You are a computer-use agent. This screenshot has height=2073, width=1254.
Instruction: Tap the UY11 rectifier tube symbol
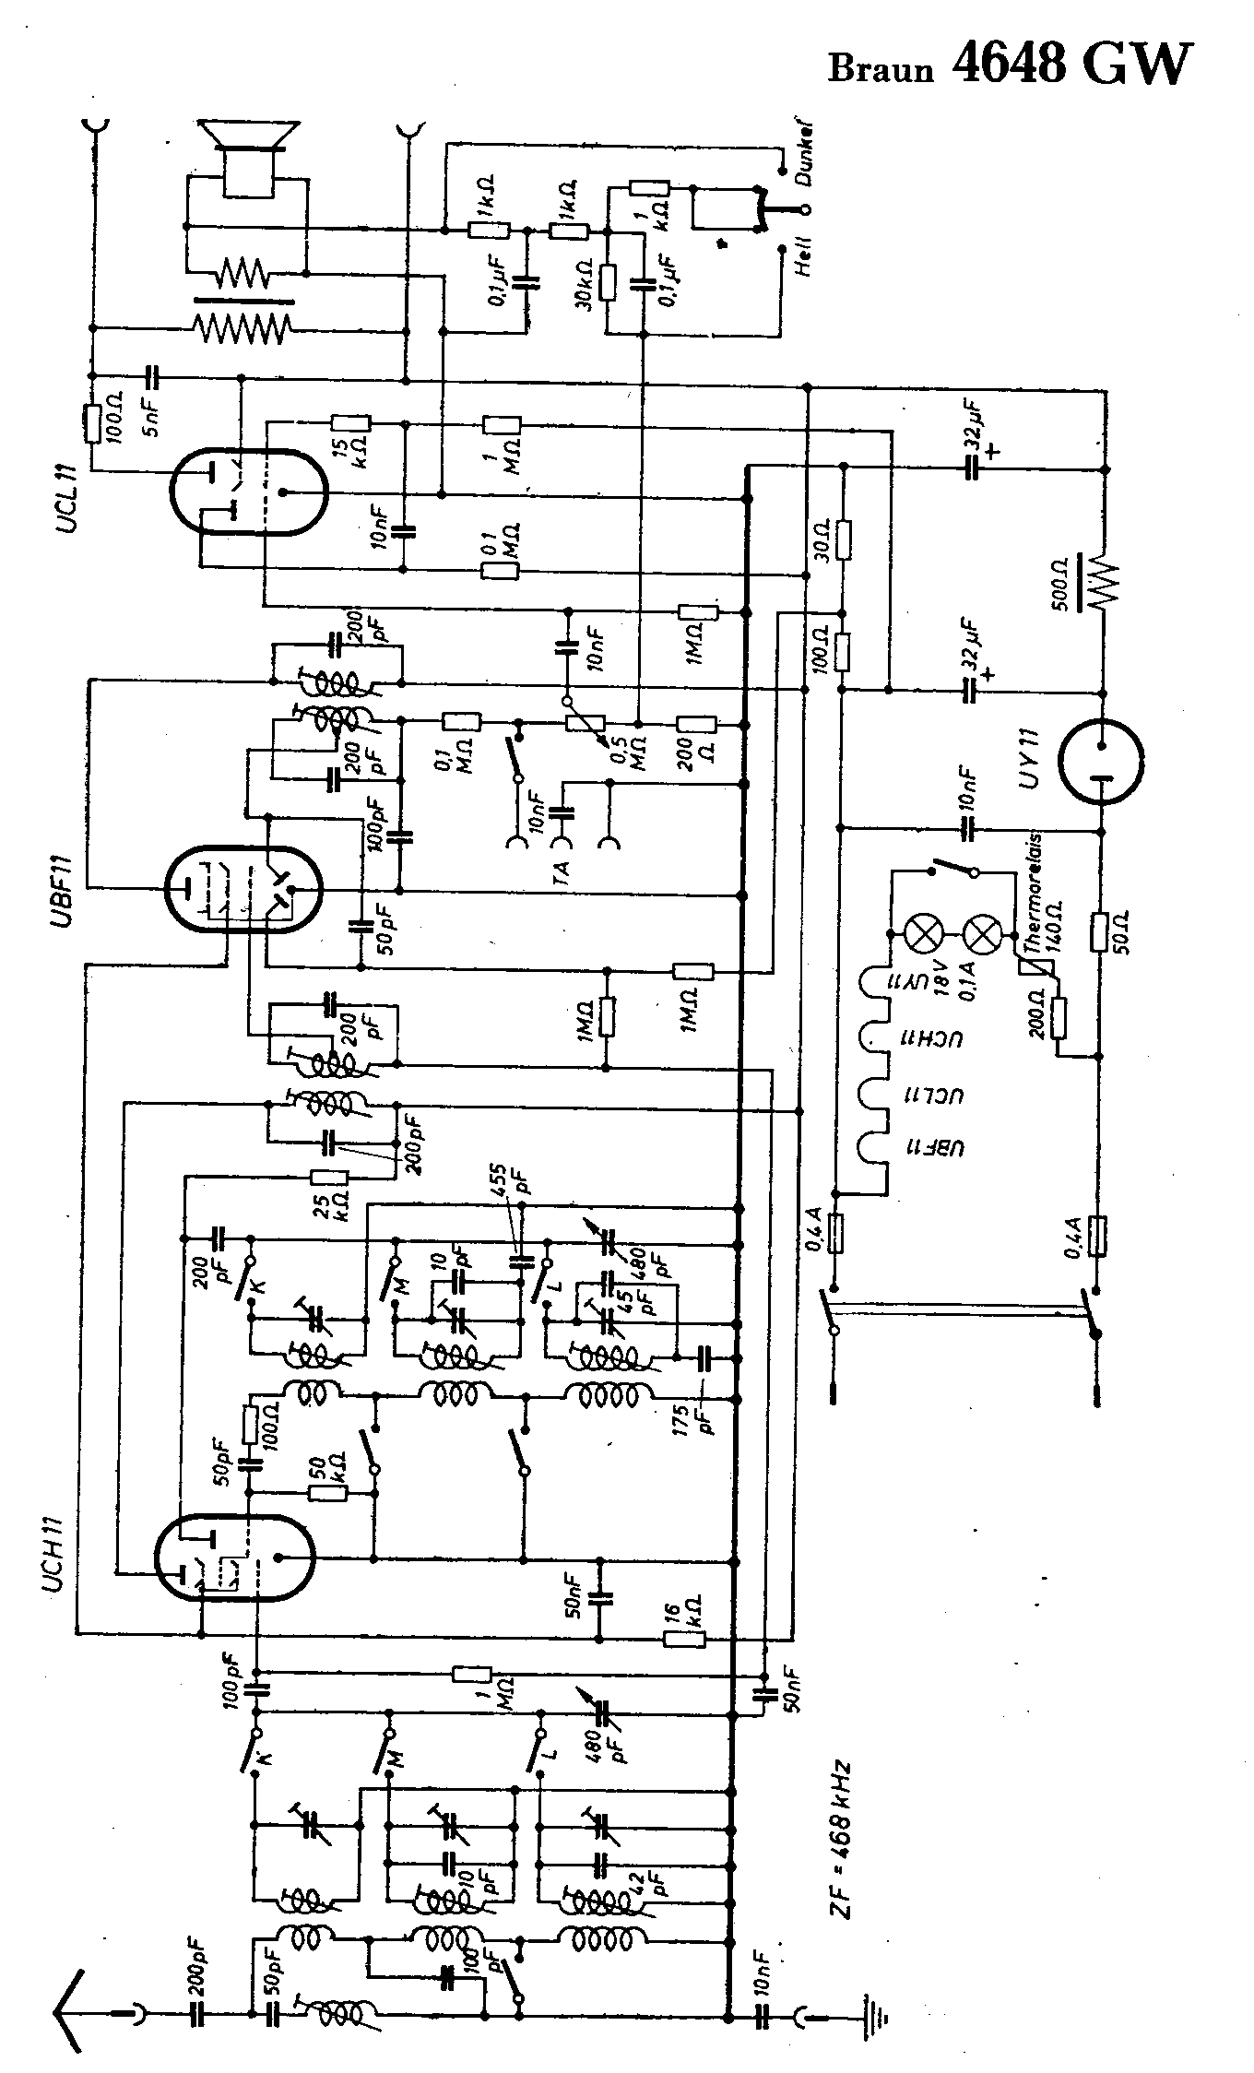click(1101, 762)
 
